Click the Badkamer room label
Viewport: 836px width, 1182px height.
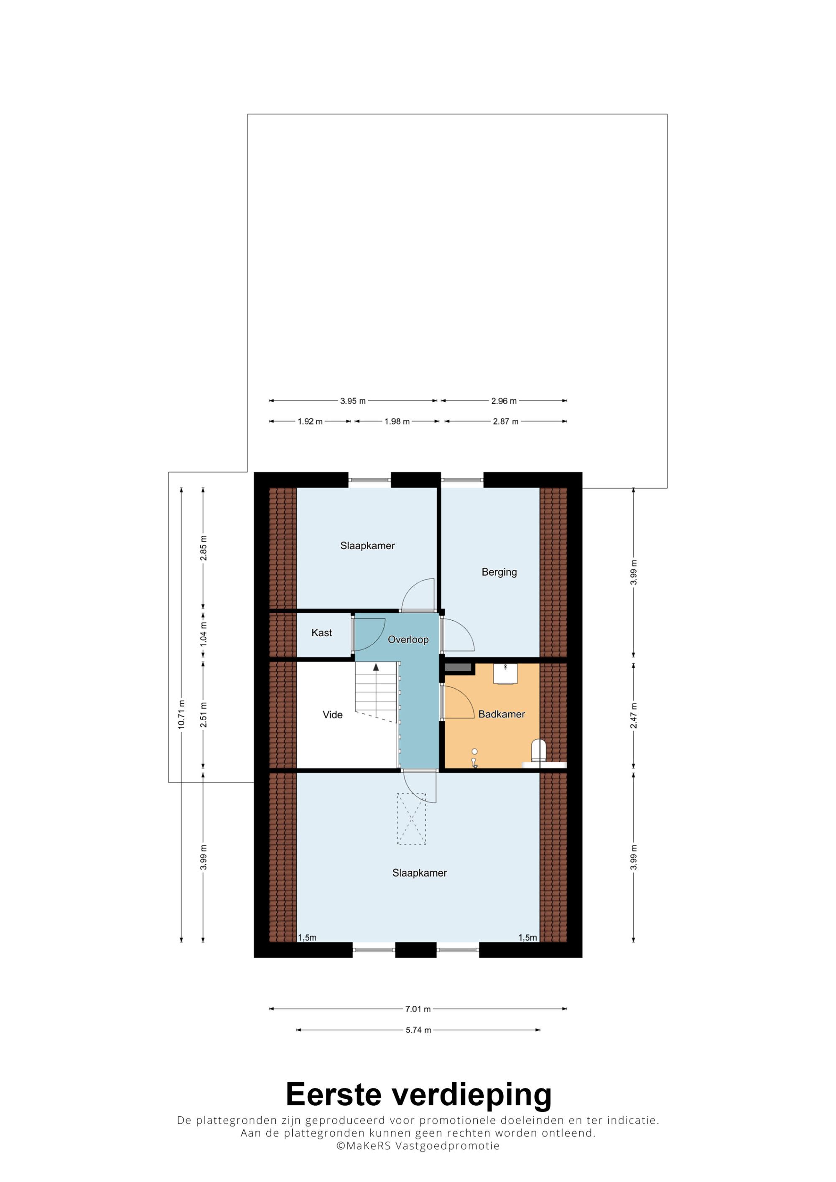point(501,714)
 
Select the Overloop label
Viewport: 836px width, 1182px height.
point(408,639)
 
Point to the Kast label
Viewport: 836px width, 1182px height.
point(321,633)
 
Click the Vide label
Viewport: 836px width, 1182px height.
point(332,715)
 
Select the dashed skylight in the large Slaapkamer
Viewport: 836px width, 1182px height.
point(411,819)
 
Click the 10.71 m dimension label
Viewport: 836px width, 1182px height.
point(181,715)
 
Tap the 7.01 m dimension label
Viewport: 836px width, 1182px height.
point(418,1009)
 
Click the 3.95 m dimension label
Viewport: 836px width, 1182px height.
point(353,401)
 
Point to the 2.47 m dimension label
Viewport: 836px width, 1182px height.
point(634,715)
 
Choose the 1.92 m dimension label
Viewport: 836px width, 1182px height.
point(310,421)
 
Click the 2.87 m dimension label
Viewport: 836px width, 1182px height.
point(506,421)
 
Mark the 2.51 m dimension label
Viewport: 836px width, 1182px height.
point(203,715)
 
